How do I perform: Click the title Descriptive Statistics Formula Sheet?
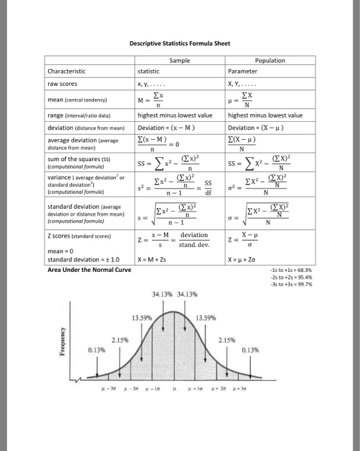(180, 44)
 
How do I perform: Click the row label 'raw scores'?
(63, 83)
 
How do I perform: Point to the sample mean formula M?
(156, 100)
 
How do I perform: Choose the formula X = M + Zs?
(157, 260)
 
